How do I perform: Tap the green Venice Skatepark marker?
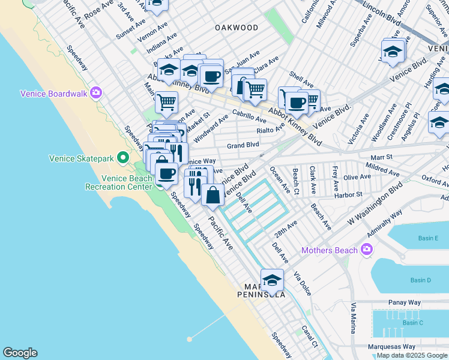124,158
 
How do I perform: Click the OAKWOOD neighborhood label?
237,28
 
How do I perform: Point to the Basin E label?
428,238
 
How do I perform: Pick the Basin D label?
420,280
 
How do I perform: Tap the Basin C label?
412,323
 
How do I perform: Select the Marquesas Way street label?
392,346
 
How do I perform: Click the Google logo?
20,353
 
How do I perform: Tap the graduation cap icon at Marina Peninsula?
272,280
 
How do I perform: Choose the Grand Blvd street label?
243,145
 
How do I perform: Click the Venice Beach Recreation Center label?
127,182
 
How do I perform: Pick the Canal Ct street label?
310,336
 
